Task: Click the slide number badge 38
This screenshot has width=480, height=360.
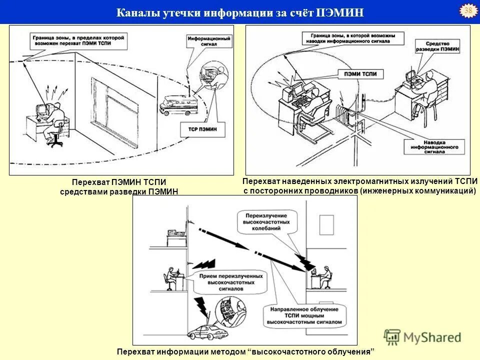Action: click(x=468, y=11)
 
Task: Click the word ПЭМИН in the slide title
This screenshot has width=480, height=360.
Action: click(x=340, y=12)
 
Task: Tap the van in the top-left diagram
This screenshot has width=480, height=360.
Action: click(x=179, y=104)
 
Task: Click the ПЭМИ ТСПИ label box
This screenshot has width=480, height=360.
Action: click(x=357, y=74)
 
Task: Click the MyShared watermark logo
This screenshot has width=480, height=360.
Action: click(x=422, y=336)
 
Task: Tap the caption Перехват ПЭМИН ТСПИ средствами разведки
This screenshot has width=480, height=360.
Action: click(x=119, y=187)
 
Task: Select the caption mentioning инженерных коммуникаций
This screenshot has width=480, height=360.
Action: click(x=359, y=185)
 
